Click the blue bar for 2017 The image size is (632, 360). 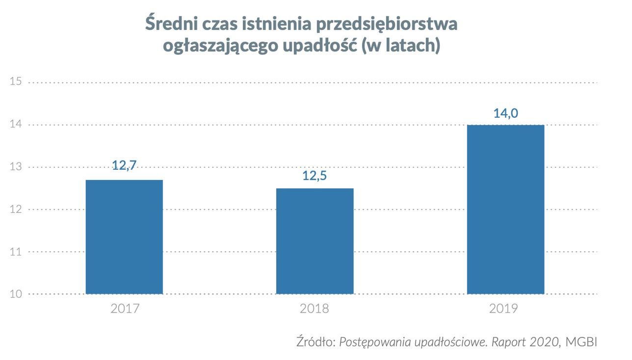coord(124,237)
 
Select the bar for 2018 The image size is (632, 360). coord(315,241)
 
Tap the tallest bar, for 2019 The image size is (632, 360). coord(505,209)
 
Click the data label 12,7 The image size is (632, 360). coord(124,165)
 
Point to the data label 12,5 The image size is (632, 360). coord(315,176)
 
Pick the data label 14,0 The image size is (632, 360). coord(505,113)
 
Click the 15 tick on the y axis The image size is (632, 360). coord(16,81)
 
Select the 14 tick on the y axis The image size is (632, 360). coord(16,125)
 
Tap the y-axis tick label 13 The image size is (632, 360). coord(16,167)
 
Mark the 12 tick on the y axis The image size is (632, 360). coord(16,209)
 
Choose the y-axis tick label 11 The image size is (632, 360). coord(16,252)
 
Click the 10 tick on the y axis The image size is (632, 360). coord(16,294)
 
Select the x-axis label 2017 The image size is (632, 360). coord(125,309)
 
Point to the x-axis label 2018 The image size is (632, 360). coord(315,309)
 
